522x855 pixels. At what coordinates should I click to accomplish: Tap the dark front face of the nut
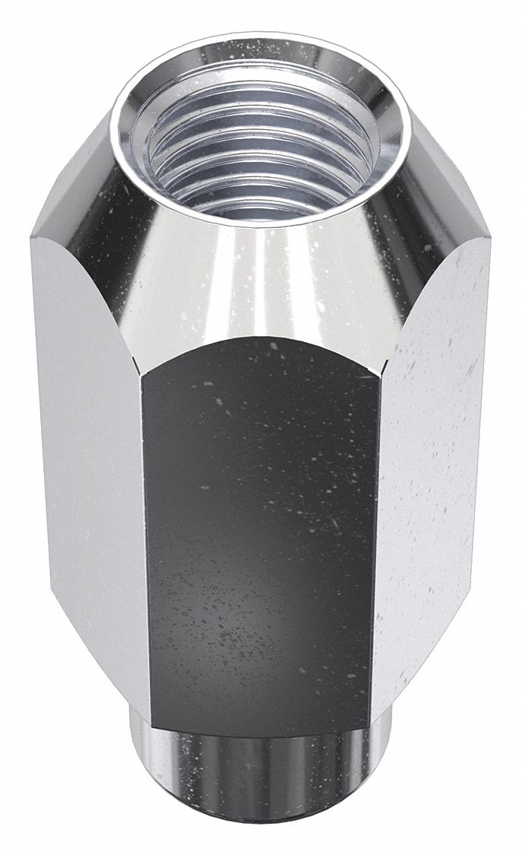[x=262, y=532]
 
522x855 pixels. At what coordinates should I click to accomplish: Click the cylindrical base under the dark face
[x=258, y=790]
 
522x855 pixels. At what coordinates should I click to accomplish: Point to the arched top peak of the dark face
[x=262, y=336]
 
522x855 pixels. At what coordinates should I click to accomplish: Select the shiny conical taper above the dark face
[x=262, y=281]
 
